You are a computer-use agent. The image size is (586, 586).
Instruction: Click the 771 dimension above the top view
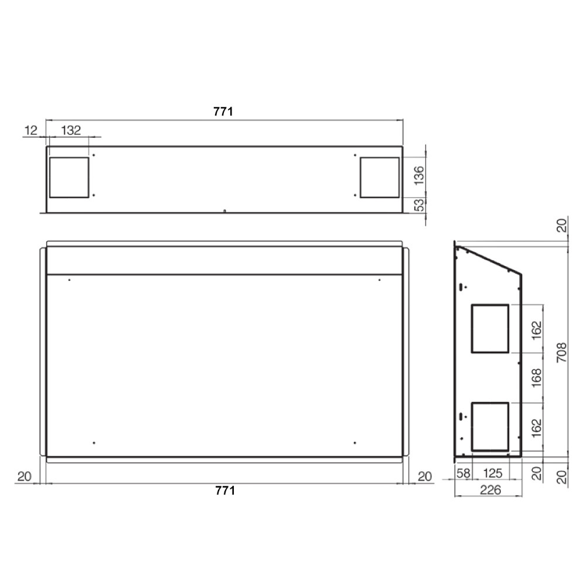point(223,111)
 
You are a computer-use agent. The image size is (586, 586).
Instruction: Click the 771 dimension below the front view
point(225,490)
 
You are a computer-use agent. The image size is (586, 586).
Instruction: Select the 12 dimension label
point(31,131)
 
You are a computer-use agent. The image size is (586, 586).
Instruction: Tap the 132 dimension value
point(71,131)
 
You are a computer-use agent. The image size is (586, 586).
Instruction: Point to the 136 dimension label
point(420,175)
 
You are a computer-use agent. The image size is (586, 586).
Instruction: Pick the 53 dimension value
point(420,205)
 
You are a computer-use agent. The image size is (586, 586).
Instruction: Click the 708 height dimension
point(562,352)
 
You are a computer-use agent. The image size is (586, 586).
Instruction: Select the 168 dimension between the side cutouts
point(536,378)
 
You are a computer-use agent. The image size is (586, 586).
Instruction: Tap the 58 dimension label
point(463,473)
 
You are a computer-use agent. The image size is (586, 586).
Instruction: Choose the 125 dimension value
point(493,473)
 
